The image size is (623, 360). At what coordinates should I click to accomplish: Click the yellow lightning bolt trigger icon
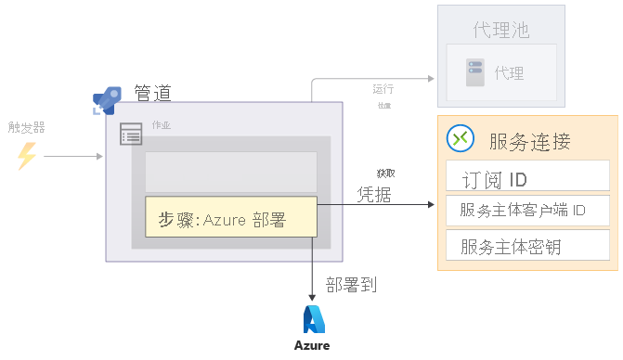point(27,156)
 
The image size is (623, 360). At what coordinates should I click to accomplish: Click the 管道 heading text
point(152,93)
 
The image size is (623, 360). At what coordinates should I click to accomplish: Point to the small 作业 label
point(161,125)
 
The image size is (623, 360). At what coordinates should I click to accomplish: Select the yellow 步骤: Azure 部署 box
point(230,220)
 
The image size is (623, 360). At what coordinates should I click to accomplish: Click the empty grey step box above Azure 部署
point(230,172)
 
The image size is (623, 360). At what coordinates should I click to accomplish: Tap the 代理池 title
point(500,30)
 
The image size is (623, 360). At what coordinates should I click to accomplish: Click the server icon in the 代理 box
point(475,69)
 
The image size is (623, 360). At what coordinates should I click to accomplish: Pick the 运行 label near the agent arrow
point(383,89)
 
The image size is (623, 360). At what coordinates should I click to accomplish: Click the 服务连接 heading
point(529,142)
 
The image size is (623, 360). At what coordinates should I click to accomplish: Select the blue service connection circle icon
point(461,138)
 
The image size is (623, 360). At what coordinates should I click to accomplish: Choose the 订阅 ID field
point(527,177)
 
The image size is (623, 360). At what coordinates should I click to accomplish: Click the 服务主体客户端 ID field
point(527,211)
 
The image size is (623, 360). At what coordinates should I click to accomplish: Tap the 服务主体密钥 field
point(527,247)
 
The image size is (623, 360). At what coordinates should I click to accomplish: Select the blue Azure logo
point(313,318)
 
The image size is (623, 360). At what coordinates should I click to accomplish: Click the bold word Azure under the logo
point(312,346)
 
